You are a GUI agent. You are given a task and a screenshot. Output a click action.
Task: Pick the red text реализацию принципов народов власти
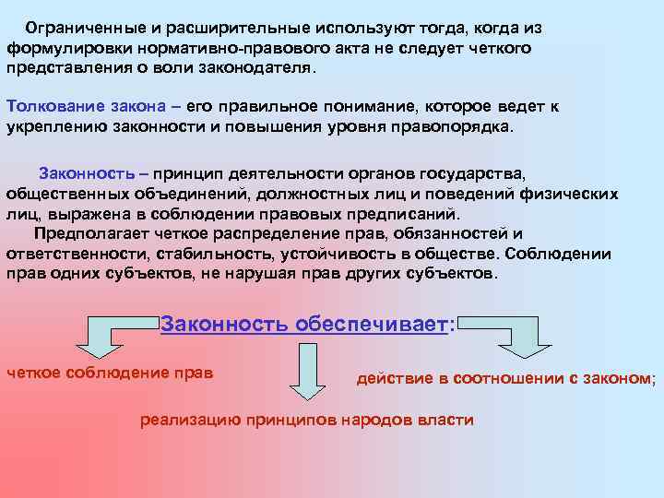coord(306,421)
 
